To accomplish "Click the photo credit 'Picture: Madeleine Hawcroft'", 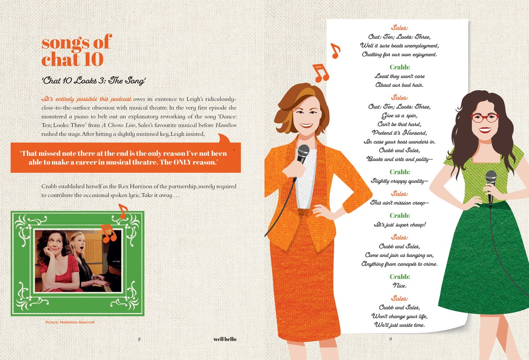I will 70,322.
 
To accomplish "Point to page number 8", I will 139,339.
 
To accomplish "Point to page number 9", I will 391,339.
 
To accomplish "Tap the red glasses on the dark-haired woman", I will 484,118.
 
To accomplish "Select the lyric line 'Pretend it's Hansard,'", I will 399,133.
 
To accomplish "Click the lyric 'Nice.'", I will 399,286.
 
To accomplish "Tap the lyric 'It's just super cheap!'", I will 399,224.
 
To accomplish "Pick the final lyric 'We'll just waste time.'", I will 399,325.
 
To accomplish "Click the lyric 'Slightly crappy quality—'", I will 399,181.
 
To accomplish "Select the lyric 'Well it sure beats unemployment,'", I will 399,45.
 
